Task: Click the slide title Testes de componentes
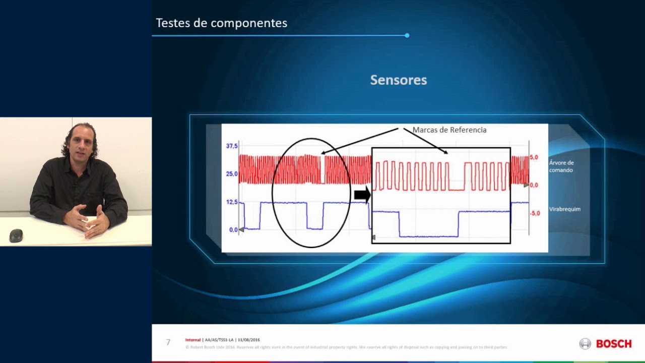click(221, 23)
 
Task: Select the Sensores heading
click(398, 80)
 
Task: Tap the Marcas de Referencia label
click(449, 130)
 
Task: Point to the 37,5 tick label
click(232, 146)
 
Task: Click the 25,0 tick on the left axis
click(232, 174)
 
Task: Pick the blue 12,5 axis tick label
click(232, 202)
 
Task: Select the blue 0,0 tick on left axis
click(233, 230)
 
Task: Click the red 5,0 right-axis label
click(534, 157)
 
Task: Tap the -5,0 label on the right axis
click(534, 213)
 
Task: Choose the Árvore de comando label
click(561, 166)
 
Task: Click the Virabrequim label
click(564, 209)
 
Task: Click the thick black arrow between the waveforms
click(362, 195)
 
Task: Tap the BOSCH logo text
click(613, 344)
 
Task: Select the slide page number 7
click(168, 342)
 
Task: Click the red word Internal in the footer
click(193, 340)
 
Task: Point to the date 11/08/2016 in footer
click(248, 340)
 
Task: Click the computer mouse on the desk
click(16, 235)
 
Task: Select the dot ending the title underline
click(407, 35)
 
